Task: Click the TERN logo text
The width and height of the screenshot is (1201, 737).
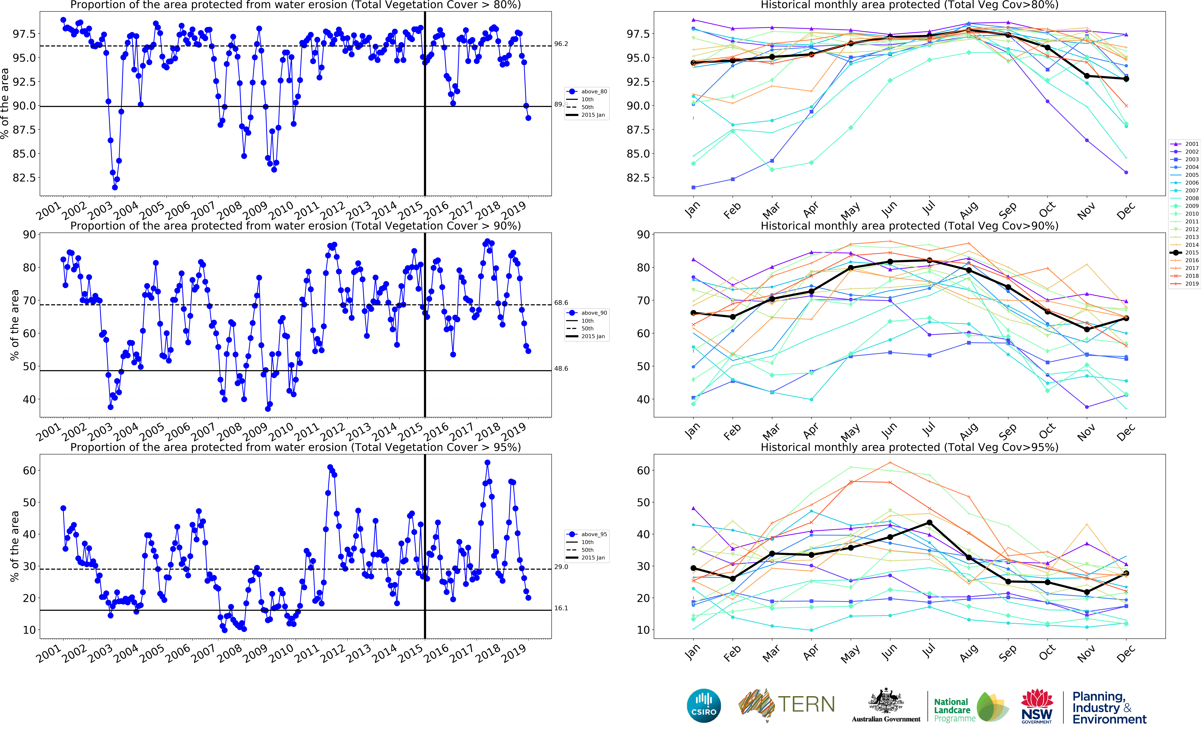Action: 806,704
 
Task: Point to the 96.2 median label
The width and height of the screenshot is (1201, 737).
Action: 561,44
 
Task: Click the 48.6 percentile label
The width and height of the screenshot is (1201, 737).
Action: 561,368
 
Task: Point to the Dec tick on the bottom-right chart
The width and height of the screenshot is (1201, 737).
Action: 1125,653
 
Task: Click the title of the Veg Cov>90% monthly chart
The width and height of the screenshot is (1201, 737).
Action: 909,226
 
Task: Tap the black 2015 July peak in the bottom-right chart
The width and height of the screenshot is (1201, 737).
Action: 929,523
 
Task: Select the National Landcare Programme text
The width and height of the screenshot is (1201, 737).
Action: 954,710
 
